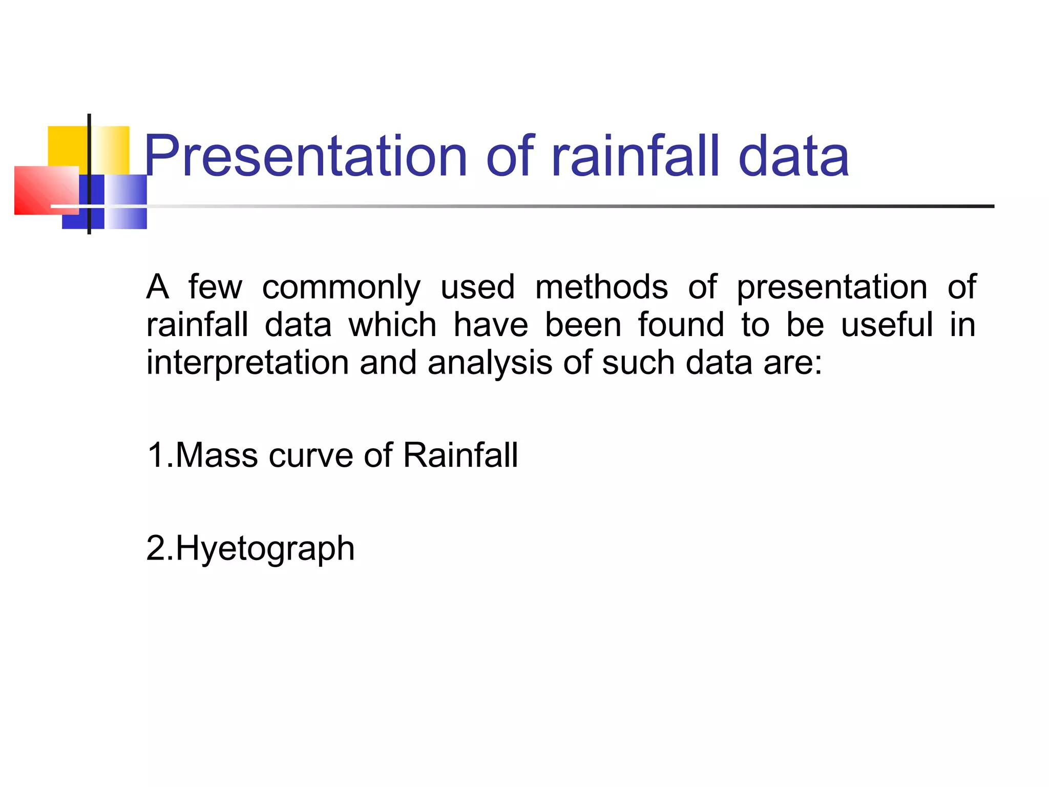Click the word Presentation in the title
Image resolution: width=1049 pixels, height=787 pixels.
tap(306, 156)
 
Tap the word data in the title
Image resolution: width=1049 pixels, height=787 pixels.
tap(793, 156)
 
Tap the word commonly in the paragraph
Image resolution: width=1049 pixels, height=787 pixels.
tap(341, 287)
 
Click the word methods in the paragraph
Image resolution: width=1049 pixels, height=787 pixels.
tap(601, 287)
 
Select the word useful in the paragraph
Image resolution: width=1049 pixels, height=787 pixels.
tap(887, 325)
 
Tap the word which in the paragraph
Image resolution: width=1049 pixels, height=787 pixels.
tap(392, 325)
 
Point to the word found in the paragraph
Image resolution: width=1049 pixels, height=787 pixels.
tap(681, 325)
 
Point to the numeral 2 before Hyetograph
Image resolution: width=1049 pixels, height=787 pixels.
tap(155, 548)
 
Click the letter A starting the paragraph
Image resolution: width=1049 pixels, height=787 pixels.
tap(157, 287)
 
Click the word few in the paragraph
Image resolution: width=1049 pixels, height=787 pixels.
tap(215, 287)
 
